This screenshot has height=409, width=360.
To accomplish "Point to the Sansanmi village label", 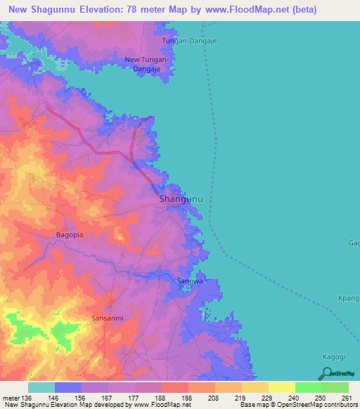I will [x=108, y=318].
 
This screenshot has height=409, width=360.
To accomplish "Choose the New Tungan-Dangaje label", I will [x=146, y=64].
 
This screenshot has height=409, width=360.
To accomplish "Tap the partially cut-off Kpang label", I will [x=349, y=299].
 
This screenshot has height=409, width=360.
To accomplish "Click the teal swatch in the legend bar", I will [x=41, y=387].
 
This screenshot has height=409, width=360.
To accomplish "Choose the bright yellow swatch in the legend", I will [x=281, y=387].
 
